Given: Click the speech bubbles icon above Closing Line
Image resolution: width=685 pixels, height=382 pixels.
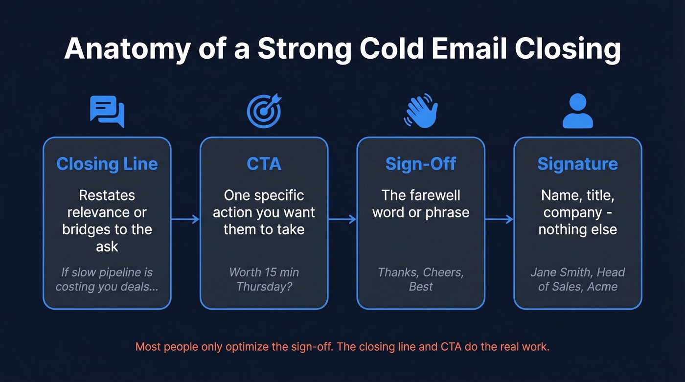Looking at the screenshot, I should pos(107,112).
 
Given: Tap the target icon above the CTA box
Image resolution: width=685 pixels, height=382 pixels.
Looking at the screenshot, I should pos(264,111).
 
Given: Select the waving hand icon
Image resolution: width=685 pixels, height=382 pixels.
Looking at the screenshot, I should pos(420,111).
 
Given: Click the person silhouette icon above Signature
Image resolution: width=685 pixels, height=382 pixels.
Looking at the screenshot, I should pos(577,111).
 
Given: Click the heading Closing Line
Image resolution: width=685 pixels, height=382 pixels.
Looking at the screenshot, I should pos(107,164).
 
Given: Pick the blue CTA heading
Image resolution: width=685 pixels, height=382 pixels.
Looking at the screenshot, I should pos(264,164).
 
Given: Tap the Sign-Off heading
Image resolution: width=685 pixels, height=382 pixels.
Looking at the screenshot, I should pos(420,164).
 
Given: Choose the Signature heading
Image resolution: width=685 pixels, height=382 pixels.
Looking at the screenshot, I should pos(577,164).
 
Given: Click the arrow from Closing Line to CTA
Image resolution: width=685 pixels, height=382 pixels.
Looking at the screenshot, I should pos(185,219).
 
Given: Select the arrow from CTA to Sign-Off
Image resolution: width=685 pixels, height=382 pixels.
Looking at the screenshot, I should pos(342,219).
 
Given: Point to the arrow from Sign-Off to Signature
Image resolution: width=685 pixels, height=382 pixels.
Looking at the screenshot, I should pos(499,219).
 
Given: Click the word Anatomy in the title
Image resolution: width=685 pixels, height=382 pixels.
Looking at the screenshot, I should pos(127,48).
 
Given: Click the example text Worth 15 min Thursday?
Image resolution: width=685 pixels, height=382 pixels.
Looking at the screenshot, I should pos(264,279).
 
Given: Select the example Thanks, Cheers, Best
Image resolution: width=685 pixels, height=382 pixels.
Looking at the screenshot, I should pos(420,279).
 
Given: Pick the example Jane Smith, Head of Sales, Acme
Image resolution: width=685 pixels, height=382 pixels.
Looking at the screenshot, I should pos(577,279).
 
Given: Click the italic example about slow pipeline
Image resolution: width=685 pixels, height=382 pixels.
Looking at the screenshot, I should pos(107,279).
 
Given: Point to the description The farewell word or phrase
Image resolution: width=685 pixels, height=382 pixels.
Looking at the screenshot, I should pos(420,204).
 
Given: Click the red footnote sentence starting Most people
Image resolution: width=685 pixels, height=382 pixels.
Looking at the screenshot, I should pos(342,347).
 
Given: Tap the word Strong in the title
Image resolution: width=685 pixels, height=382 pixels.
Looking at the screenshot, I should pos(304,48).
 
